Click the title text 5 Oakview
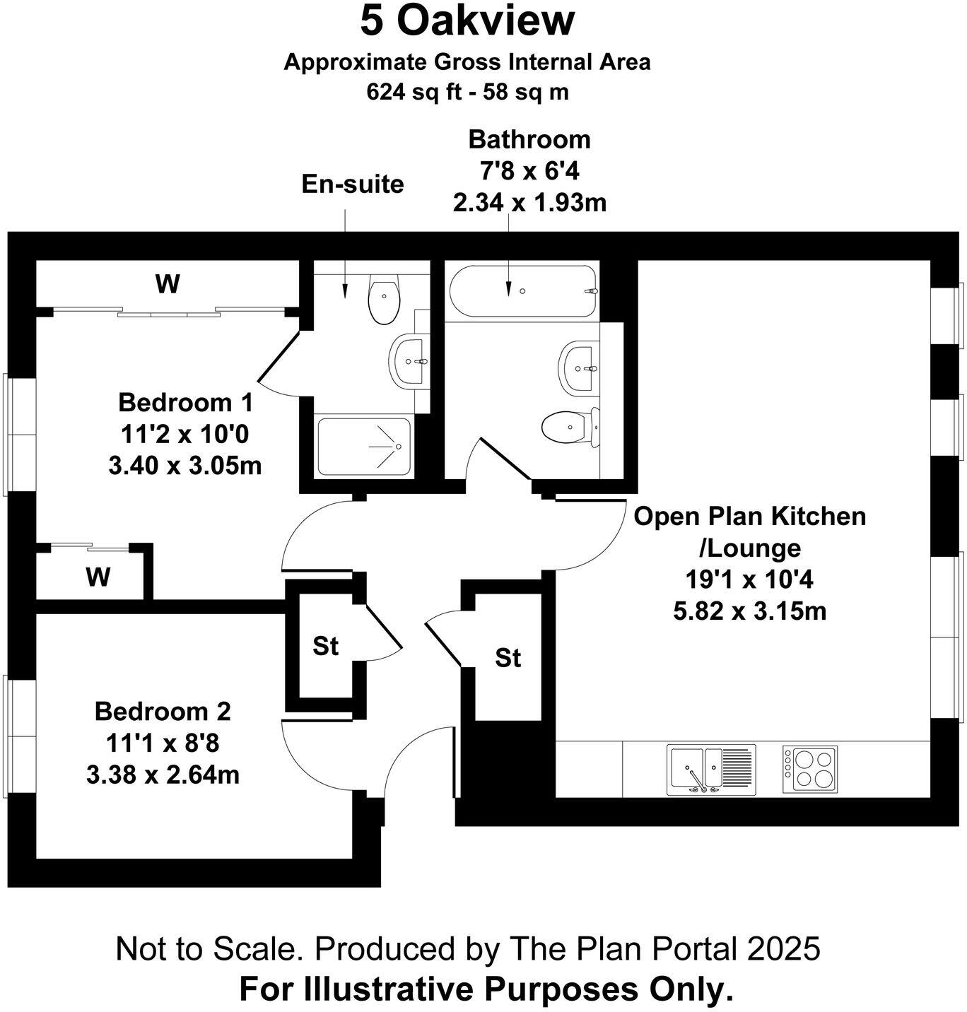467,21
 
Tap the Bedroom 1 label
185,403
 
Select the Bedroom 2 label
163,711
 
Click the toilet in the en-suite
384,298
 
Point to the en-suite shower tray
363,447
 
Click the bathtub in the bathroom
522,291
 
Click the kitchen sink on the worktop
710,769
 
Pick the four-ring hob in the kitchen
809,769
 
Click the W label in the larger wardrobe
168,285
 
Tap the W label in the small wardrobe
98,577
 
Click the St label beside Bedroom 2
326,646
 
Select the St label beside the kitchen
508,658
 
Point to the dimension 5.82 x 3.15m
749,611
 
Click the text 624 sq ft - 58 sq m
467,92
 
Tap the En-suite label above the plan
353,184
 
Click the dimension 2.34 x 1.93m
529,204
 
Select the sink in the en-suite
408,361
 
